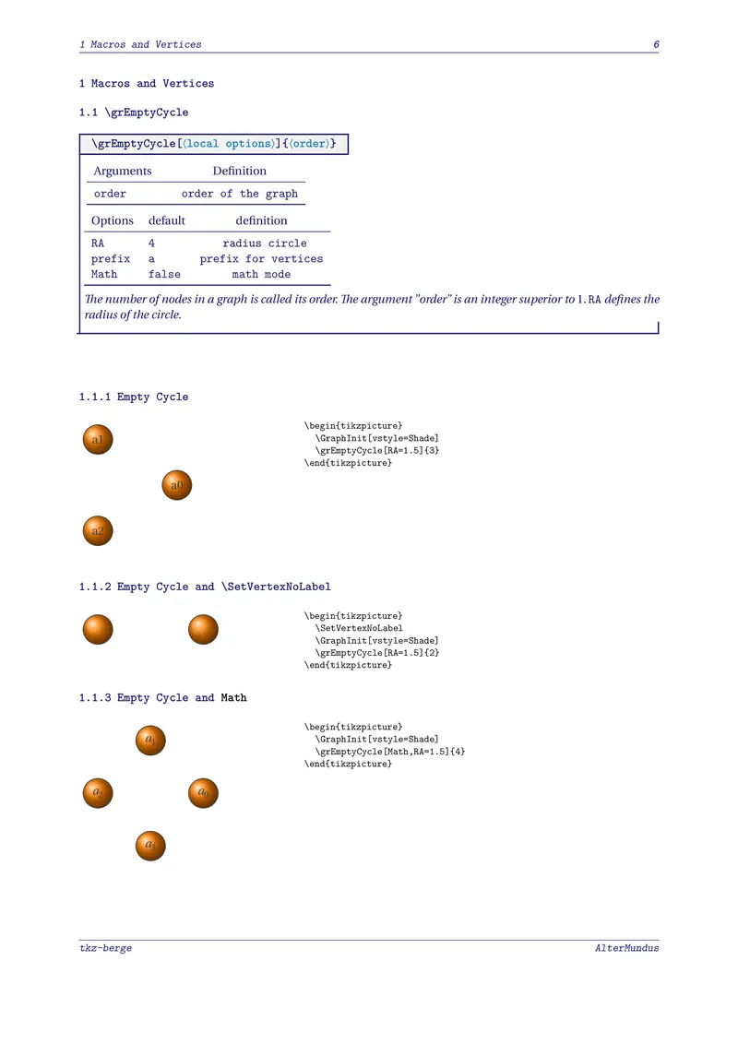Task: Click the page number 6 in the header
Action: (655, 44)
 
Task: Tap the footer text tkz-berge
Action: (105, 948)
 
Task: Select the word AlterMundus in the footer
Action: (626, 948)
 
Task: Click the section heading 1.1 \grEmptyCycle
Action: (134, 113)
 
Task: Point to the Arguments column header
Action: (123, 171)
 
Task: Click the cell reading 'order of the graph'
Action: (240, 194)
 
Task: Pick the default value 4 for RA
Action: (151, 243)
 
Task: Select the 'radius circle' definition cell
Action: (265, 243)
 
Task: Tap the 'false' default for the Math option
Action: (164, 274)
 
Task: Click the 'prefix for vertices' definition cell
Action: (261, 259)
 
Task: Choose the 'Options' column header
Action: (113, 220)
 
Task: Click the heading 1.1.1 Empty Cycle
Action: (134, 397)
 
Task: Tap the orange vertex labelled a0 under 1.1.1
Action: (177, 484)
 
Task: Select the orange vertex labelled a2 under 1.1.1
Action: (98, 530)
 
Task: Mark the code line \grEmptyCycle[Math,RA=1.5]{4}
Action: (390, 752)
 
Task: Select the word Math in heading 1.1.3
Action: (233, 698)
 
